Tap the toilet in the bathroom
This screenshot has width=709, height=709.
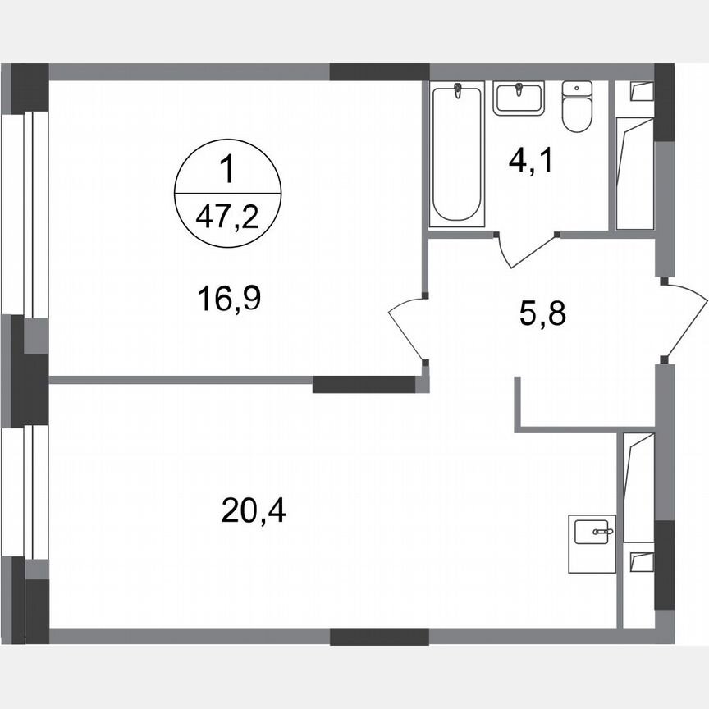pyautogui.click(x=578, y=107)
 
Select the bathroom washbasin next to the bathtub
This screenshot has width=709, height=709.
pyautogui.click(x=519, y=98)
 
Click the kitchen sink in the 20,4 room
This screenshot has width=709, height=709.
pyautogui.click(x=591, y=533)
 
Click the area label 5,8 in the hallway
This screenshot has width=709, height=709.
pyautogui.click(x=543, y=313)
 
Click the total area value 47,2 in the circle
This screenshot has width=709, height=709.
pyautogui.click(x=228, y=219)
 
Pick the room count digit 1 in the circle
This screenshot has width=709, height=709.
pyautogui.click(x=228, y=173)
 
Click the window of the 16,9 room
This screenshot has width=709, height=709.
pyautogui.click(x=18, y=213)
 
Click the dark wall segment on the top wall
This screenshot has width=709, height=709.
pyautogui.click(x=379, y=71)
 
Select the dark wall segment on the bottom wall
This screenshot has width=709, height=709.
pyautogui.click(x=379, y=636)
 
